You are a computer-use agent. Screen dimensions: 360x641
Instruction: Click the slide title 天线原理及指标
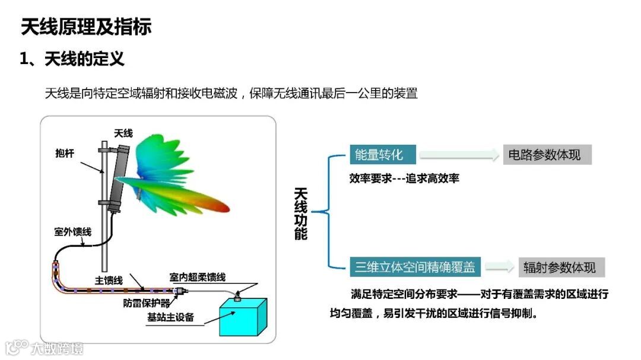point(85,27)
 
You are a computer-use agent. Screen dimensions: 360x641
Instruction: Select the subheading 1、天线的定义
point(72,59)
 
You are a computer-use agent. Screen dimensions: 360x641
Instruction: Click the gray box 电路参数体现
point(547,155)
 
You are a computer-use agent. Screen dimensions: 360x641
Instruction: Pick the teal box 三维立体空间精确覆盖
point(415,267)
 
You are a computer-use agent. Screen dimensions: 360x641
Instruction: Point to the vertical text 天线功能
point(301,214)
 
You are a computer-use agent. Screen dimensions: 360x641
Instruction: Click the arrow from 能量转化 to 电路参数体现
point(459,155)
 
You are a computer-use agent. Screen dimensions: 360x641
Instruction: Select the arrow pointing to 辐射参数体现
point(499,267)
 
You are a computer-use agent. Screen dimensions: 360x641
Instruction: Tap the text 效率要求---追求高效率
point(404,178)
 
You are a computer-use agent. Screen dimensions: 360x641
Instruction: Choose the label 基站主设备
point(171,317)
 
